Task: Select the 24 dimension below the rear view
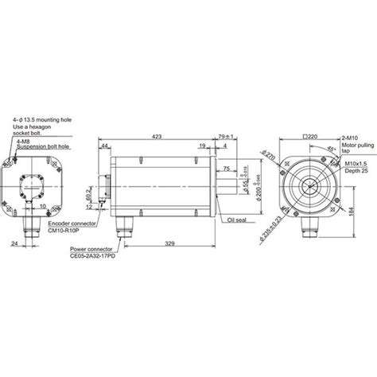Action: point(16,245)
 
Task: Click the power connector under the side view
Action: point(122,226)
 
